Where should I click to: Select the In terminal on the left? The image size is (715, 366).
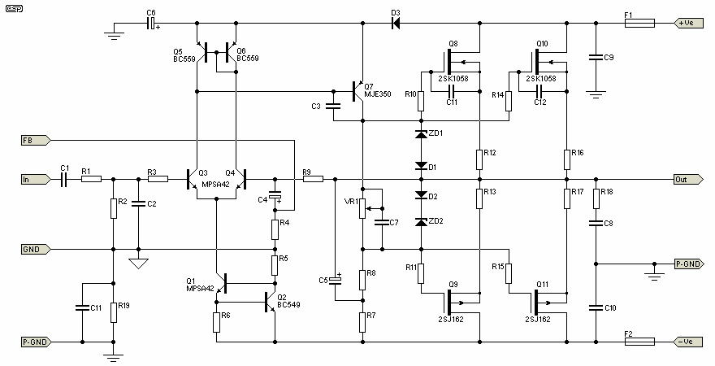35,179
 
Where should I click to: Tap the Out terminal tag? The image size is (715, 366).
687,179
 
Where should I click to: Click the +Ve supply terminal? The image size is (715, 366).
691,23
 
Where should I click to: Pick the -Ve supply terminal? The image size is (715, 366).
691,342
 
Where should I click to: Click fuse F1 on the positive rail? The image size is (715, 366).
639,24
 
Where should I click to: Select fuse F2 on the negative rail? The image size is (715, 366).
639,342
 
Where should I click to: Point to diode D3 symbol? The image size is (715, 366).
396,24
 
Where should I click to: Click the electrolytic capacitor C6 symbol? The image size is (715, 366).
151,24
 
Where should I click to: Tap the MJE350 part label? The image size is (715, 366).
378,94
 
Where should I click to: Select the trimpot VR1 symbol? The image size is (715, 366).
363,207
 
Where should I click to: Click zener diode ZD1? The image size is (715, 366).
421,133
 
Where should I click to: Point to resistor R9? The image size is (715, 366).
312,179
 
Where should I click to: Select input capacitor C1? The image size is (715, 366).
64,179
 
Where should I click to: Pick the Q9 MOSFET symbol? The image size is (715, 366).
449,302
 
